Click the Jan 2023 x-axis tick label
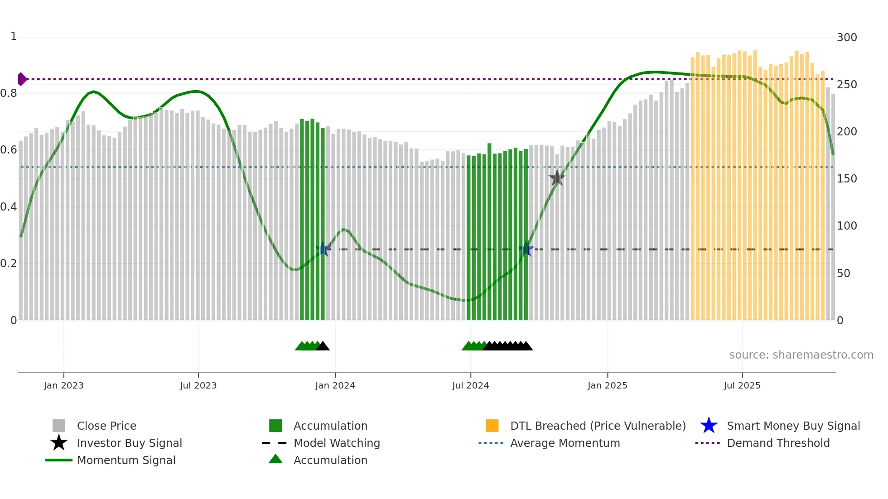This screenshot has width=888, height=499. pos(63,385)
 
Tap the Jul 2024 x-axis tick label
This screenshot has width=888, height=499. pos(470,385)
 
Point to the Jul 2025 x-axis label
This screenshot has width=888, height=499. pos(742,385)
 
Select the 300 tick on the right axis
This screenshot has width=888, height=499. pos(846,38)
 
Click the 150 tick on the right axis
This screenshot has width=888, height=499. pos(846,179)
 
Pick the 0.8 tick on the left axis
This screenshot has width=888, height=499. pos(9,93)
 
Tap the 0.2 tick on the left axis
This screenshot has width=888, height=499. pos(9,264)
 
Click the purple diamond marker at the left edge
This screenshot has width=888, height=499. pos(22,79)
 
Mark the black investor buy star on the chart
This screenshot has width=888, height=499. pos(557,178)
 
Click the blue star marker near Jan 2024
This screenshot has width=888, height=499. pos(323,249)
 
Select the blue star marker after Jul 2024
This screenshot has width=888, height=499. pos(526,249)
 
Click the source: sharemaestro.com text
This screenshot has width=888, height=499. pos(801,355)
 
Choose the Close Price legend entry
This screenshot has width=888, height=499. pos(106,426)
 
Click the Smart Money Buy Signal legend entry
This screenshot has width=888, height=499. pos(793,426)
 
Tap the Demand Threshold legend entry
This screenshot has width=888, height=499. pos(778,443)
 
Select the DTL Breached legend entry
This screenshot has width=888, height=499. pos(598,426)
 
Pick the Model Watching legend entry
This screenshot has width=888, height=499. pos(336,443)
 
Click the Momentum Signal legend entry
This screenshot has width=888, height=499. pos(126,460)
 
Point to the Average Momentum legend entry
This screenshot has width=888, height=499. pos(565,443)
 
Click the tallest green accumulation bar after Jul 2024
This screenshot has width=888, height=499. pos(489,231)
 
